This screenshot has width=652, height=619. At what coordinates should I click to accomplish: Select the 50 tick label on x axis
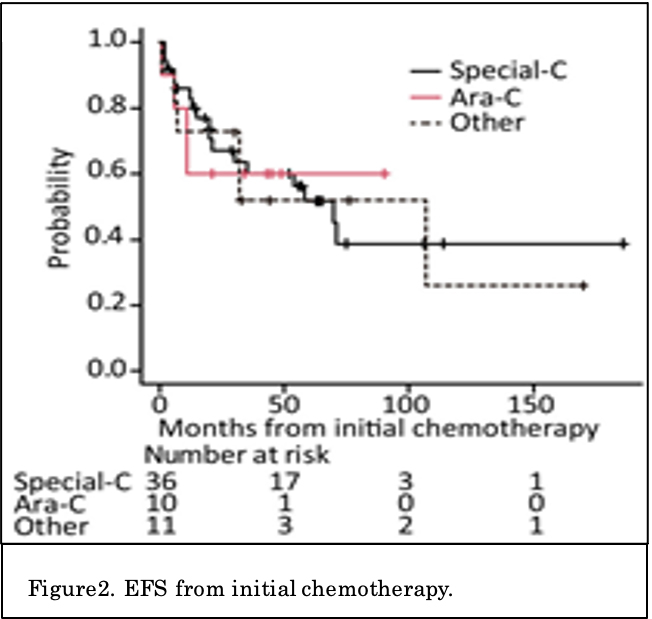283,407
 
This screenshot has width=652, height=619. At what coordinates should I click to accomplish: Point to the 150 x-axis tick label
531,407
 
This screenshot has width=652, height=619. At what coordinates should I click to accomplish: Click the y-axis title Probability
61,209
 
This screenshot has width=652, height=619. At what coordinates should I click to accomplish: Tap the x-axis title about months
380,430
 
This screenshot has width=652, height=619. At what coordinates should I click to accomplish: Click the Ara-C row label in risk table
71,503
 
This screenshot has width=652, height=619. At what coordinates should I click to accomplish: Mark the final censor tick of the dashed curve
583,286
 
